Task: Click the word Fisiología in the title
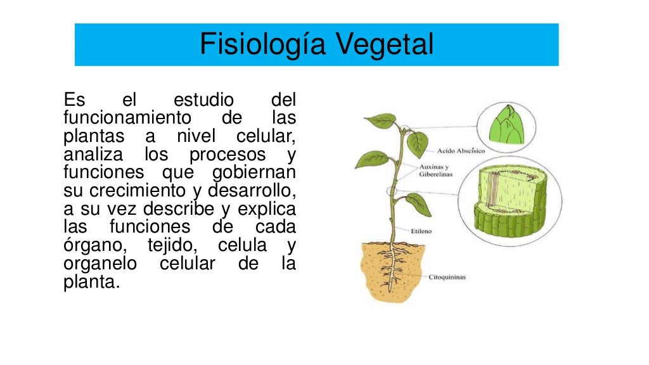[262, 45]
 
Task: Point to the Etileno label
[421, 231]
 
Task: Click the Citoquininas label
[447, 277]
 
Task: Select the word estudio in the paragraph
[203, 100]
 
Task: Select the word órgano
[90, 246]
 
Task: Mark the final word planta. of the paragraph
[91, 282]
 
